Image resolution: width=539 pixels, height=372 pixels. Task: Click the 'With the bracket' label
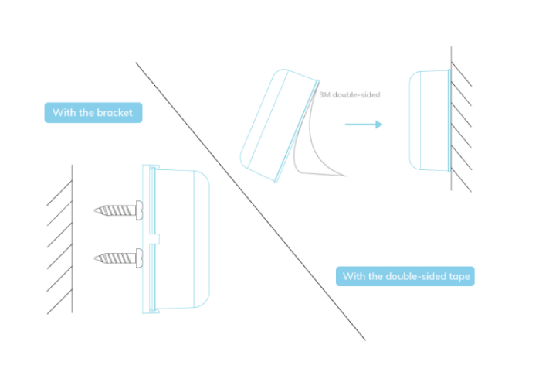93,113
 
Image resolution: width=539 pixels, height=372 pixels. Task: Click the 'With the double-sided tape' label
405,277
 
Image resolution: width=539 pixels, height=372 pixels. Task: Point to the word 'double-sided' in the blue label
422,277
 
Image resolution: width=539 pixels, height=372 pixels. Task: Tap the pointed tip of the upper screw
96,209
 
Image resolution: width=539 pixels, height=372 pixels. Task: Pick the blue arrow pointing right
363,124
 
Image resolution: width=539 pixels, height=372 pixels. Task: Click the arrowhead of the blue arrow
379,124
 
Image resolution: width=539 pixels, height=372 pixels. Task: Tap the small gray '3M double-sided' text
350,95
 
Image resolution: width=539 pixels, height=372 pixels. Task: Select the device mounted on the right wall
429,121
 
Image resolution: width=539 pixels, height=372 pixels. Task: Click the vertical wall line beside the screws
72,240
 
